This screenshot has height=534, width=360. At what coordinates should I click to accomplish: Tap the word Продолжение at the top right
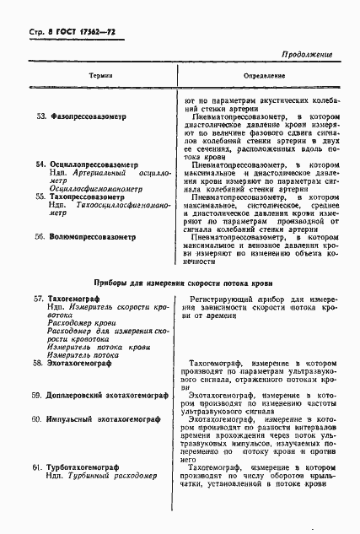click(x=302, y=54)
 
